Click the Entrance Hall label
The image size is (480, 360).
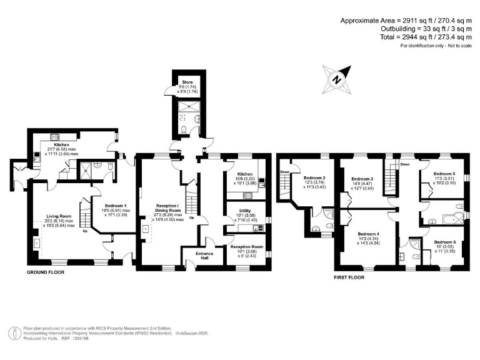click(x=204, y=254)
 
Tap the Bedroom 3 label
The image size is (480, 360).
click(x=362, y=177)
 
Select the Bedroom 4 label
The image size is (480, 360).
click(x=369, y=234)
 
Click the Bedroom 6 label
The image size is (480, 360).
click(x=444, y=241)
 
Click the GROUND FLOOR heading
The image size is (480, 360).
click(x=46, y=273)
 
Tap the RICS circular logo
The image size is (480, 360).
click(x=14, y=332)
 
